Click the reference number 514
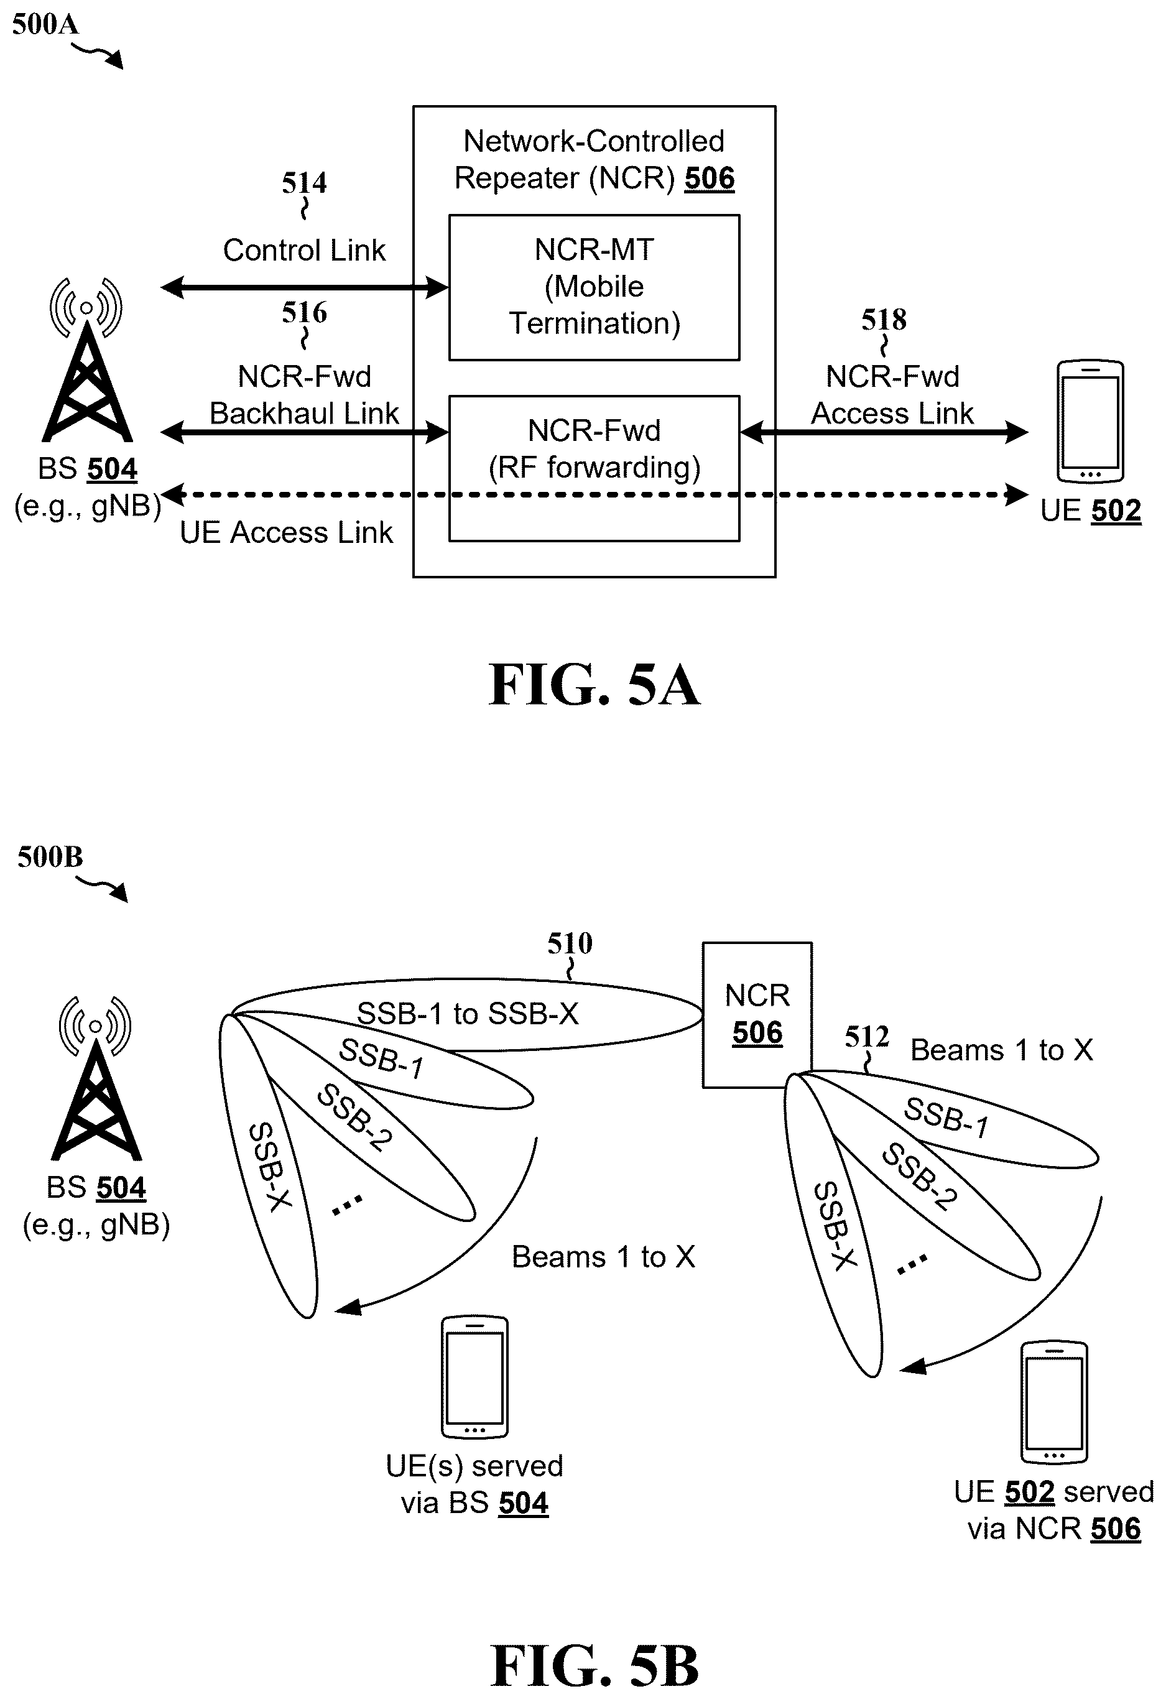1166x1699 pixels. click(x=304, y=183)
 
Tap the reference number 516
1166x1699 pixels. click(x=304, y=313)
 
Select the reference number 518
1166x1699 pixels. click(x=884, y=320)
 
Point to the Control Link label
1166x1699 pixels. click(x=304, y=251)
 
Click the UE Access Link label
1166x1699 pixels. click(x=286, y=532)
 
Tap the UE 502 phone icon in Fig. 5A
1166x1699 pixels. click(x=1090, y=421)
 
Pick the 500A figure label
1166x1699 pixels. click(x=45, y=24)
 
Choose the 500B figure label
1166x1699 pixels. click(x=50, y=857)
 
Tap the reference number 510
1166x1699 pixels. click(x=570, y=943)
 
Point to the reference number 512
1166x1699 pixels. click(x=867, y=1037)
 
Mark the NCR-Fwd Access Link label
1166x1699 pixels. click(x=892, y=395)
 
